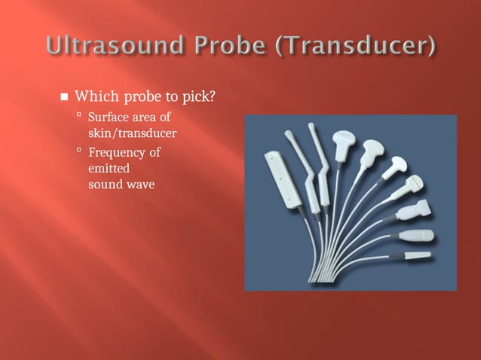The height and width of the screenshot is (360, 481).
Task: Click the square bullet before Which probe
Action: [64, 98]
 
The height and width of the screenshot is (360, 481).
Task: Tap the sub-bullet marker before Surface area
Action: [78, 117]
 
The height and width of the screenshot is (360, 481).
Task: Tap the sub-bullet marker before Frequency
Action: [78, 152]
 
